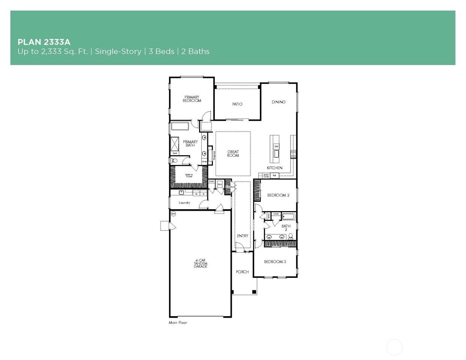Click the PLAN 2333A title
44,42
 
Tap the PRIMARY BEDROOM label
192,99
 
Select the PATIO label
237,104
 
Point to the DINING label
278,102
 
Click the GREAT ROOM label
233,154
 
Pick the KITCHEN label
274,168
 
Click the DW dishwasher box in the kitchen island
276,146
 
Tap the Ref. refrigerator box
274,175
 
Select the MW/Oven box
266,175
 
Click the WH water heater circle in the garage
173,214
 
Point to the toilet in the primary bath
174,160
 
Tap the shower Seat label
174,153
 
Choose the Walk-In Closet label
189,175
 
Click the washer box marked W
196,194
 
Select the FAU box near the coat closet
220,184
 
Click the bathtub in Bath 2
288,216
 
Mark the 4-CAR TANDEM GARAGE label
200,263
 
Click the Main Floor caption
178,322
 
